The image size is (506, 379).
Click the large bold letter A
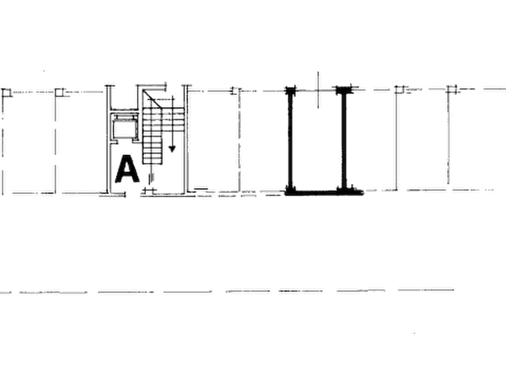click(127, 169)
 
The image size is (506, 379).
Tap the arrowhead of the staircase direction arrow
click(172, 149)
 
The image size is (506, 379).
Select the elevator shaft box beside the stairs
click(124, 127)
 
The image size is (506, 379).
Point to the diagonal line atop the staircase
click(152, 98)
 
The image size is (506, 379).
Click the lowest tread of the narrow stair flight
click(152, 161)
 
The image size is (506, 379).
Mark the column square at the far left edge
click(6, 93)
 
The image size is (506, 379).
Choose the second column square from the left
click(59, 93)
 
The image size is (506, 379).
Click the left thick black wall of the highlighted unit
click(290, 140)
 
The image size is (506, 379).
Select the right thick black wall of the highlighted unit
click(344, 140)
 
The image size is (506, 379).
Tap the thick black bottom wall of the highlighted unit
click(324, 193)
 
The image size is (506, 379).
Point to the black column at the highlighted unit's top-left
click(291, 91)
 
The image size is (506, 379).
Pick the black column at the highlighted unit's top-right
click(344, 90)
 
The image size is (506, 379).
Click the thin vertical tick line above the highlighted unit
click(318, 90)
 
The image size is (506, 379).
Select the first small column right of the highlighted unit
click(400, 89)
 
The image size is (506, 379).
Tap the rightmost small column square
click(452, 89)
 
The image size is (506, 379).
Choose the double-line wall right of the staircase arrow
click(185, 139)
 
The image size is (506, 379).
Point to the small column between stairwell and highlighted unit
click(236, 91)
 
